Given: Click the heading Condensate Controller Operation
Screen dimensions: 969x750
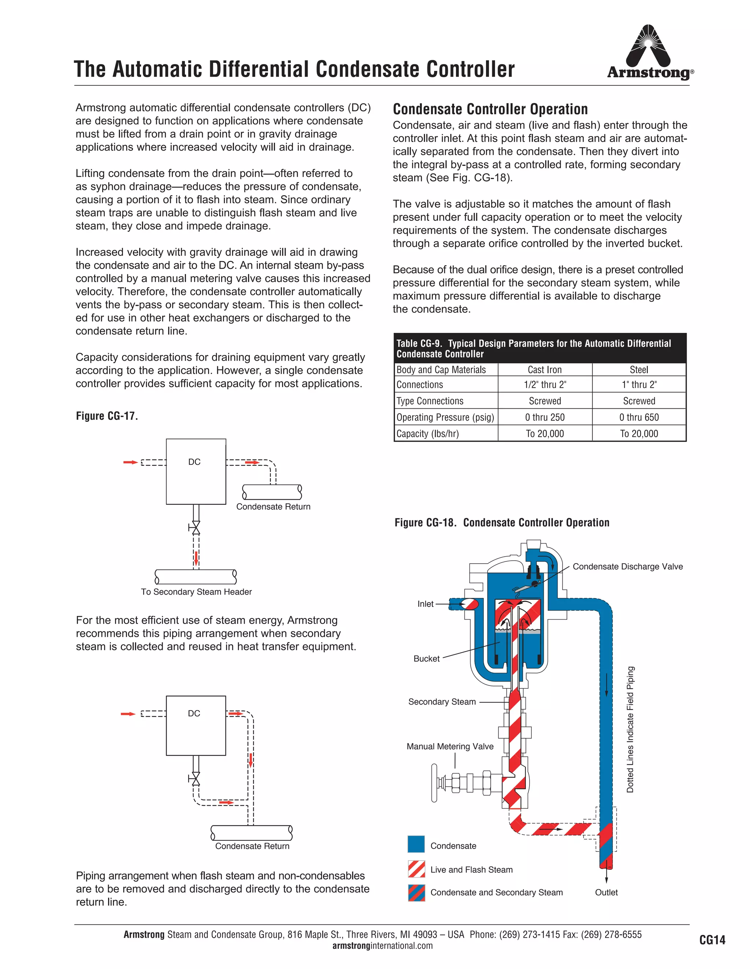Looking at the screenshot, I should pos(490,109).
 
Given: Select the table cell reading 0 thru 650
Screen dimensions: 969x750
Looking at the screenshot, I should pos(639,417).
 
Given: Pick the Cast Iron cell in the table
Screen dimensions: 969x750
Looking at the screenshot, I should pos(545,370).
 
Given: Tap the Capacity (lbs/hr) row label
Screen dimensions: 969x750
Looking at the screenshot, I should pos(427,434).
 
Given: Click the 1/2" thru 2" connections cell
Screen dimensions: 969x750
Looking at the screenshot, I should pos(545,385).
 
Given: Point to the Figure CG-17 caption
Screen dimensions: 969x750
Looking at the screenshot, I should pos(107,416).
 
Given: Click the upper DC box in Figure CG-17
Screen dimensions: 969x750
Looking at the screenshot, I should pos(196,471).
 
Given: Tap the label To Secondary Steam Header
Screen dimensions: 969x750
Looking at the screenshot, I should pos(196,591).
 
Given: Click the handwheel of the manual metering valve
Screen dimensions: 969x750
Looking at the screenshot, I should pos(434,783).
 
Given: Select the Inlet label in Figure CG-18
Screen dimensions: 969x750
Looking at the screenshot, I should pos(425,604).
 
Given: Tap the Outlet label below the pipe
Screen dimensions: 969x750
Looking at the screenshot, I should pos(606,892).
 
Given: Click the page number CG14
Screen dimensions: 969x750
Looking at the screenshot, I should pos(712,940).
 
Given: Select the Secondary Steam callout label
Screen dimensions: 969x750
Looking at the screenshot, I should pos(442,701).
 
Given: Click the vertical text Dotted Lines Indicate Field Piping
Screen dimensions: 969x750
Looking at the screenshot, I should pos(630,730).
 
